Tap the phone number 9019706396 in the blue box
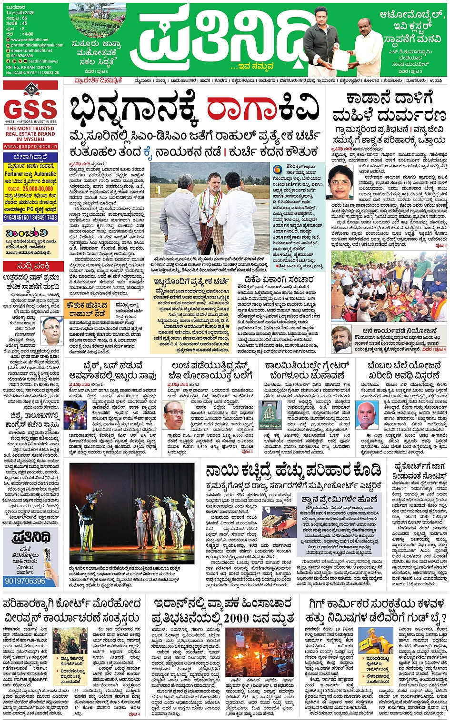pyautogui.click(x=25, y=581)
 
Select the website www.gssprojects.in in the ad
pyautogui.click(x=30, y=146)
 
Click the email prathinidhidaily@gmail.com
pyautogui.click(x=37, y=45)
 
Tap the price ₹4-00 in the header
pyautogui.click(x=28, y=34)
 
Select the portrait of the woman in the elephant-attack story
pyautogui.click(x=340, y=182)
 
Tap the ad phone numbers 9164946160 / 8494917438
pyautogui.click(x=30, y=218)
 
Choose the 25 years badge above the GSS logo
pyautogui.click(x=31, y=89)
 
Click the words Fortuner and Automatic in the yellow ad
pyautogui.click(x=30, y=174)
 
